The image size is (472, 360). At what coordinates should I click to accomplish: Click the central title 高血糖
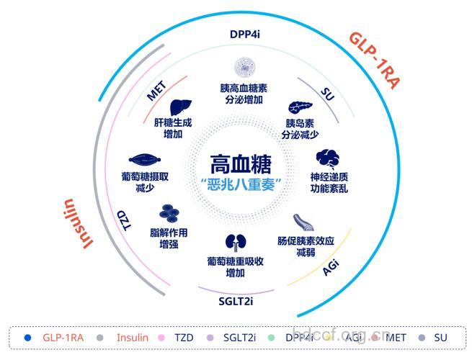click(x=236, y=163)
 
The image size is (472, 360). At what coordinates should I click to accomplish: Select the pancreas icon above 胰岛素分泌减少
click(x=300, y=109)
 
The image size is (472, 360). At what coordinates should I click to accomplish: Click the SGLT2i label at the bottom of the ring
click(x=235, y=300)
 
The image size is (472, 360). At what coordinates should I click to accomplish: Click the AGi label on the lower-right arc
click(x=330, y=267)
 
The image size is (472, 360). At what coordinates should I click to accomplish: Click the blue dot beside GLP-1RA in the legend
click(x=27, y=336)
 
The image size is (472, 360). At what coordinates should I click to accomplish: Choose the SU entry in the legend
click(x=441, y=336)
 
